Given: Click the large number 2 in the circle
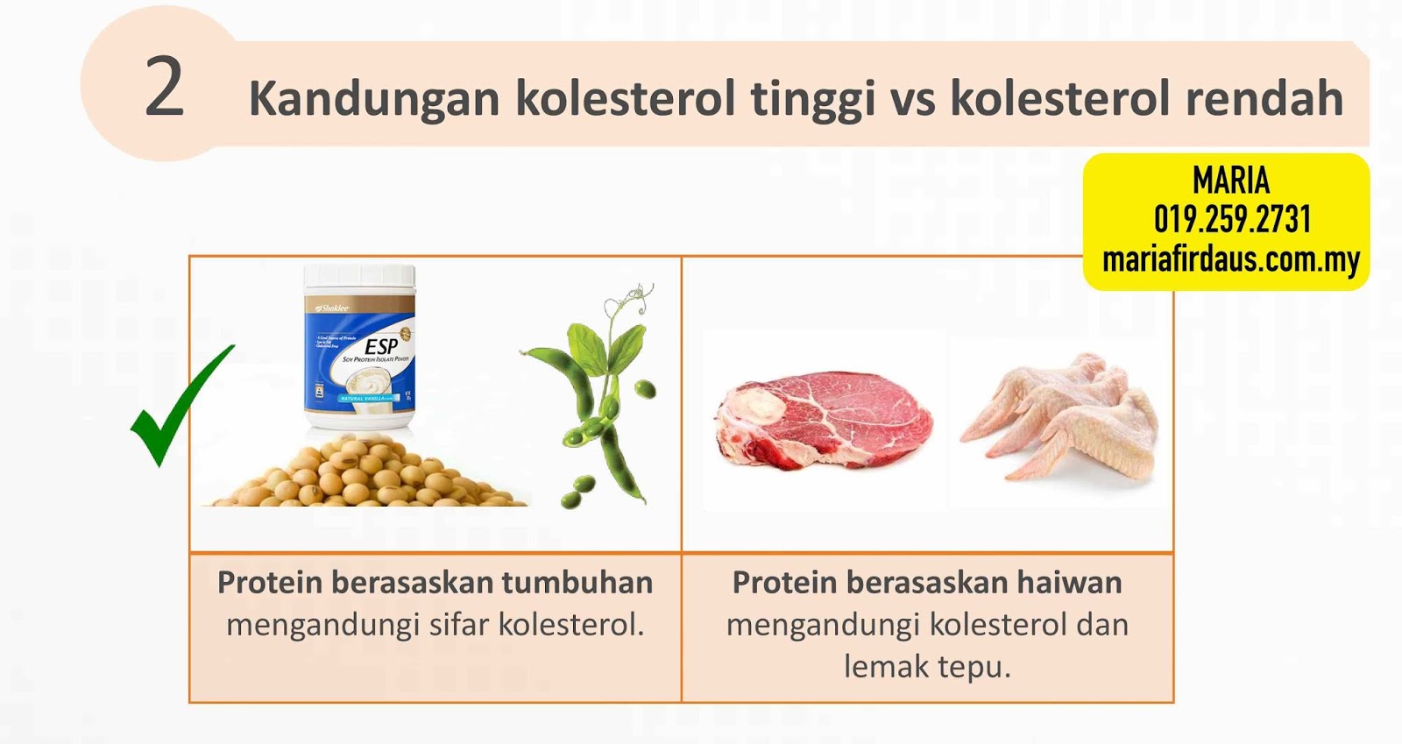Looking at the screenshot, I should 164,88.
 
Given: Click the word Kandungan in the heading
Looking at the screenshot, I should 375,98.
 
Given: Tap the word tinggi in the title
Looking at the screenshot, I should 813,98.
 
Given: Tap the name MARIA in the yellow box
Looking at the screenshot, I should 1230,181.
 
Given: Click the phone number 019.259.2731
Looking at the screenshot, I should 1231,219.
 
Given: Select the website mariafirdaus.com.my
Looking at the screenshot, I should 1230,259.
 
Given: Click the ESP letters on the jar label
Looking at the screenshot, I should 381,347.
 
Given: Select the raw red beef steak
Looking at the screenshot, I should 824,421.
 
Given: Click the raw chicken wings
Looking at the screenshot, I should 1060,412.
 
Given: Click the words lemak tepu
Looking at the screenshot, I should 927,667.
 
